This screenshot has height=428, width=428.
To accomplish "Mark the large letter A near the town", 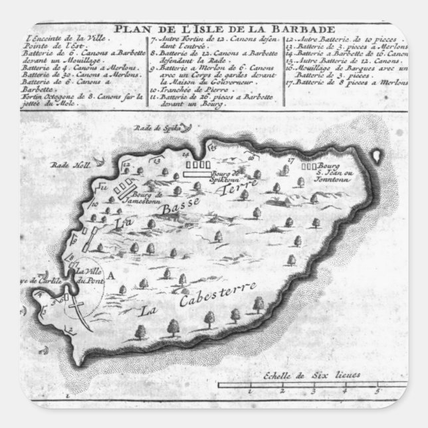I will (x=112, y=274).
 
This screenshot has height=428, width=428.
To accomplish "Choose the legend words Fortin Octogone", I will (x=43, y=96).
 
